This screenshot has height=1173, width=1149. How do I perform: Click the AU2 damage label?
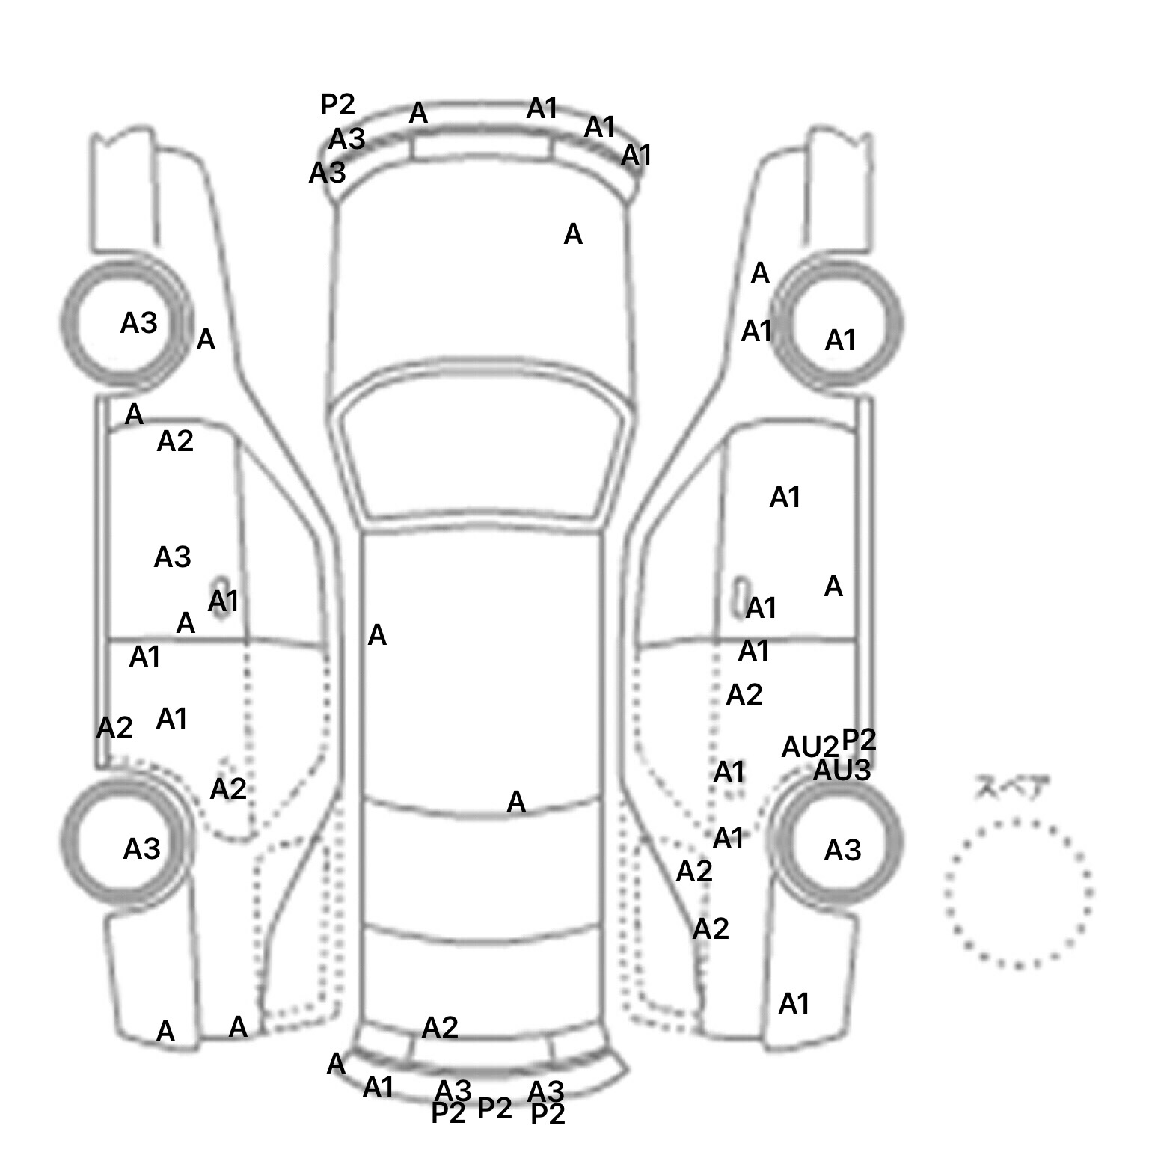pyautogui.click(x=809, y=747)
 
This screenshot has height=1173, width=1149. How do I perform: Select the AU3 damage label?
pyautogui.click(x=842, y=771)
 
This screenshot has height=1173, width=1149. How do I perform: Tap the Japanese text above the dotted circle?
pyautogui.click(x=1011, y=788)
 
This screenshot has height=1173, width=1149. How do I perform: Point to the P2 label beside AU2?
pyautogui.click(x=859, y=739)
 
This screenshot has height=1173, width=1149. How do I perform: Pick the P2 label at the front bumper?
pyautogui.click(x=337, y=105)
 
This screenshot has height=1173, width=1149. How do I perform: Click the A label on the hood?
pyautogui.click(x=572, y=235)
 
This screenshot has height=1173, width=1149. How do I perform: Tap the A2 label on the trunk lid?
pyautogui.click(x=439, y=1028)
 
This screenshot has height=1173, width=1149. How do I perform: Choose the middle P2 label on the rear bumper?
pyautogui.click(x=494, y=1109)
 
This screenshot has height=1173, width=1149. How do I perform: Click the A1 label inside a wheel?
pyautogui.click(x=840, y=341)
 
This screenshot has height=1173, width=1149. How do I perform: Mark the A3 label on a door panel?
pyautogui.click(x=172, y=557)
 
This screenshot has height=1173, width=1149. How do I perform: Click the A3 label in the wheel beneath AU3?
pyautogui.click(x=842, y=851)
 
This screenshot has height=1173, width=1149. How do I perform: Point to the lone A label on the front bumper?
pyautogui.click(x=418, y=114)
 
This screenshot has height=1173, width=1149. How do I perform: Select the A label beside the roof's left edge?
pyautogui.click(x=377, y=636)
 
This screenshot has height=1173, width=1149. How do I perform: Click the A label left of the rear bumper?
pyautogui.click(x=336, y=1064)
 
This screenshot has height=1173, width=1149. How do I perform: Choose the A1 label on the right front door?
pyautogui.click(x=785, y=497)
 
